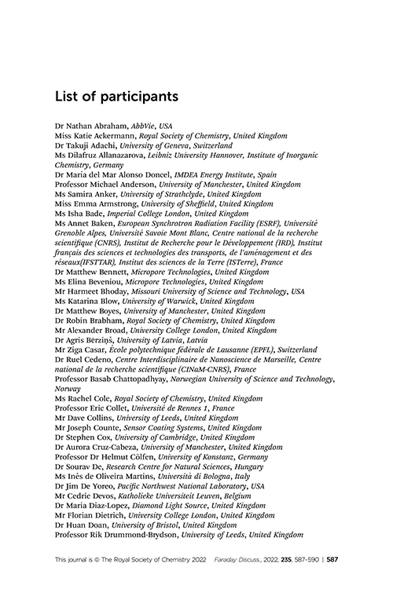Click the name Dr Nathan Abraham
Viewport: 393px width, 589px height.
point(90,126)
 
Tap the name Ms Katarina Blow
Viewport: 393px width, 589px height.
point(86,301)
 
